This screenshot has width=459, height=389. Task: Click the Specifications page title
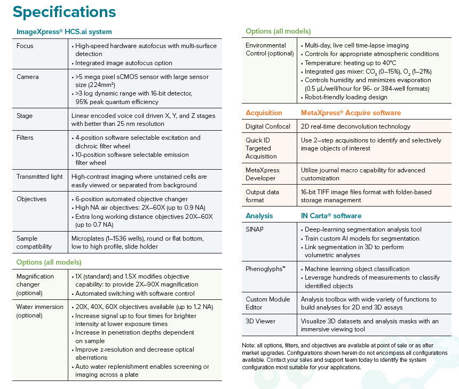pos(64,11)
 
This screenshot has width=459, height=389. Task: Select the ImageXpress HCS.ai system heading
pos(64,32)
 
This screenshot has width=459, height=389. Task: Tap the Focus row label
pos(25,46)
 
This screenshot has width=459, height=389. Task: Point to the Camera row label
pos(28,77)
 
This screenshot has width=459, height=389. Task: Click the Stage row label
pos(25,115)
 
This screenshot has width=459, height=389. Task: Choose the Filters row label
pos(26,138)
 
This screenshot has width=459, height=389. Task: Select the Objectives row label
pos(31,199)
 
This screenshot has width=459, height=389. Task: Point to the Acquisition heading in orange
pos(264,113)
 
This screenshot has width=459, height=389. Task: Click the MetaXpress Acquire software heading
pos(351,113)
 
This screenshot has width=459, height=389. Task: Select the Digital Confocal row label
pos(268,126)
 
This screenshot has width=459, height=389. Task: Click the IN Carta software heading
pos(331,216)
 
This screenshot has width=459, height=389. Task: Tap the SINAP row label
pos(255,229)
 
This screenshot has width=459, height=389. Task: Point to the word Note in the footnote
pos(249,346)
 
